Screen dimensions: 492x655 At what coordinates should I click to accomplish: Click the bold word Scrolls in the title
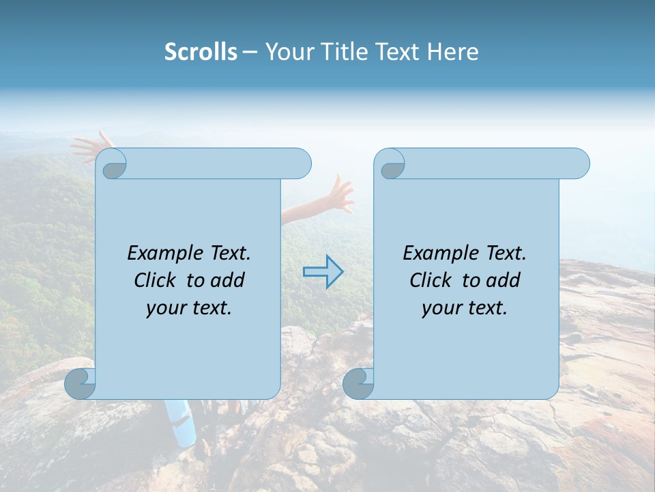click(201, 52)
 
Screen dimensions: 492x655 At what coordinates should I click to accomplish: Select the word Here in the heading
click(453, 52)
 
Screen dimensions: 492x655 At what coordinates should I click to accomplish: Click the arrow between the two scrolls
click(323, 271)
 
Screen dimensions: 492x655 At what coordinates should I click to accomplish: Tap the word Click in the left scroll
click(156, 280)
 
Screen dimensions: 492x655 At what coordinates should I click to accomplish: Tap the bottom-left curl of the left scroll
click(80, 383)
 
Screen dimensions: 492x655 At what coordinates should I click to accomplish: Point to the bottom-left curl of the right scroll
click(358, 383)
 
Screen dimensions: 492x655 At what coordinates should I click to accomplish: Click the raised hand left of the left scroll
click(91, 146)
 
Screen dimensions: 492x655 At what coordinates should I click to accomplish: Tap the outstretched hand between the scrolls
click(338, 194)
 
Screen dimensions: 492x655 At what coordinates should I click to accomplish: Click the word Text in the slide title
click(397, 52)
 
